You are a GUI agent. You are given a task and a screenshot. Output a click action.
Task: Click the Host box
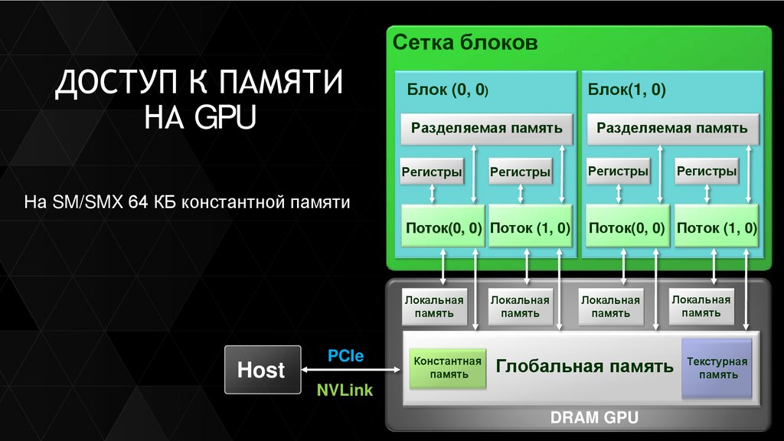(x=261, y=370)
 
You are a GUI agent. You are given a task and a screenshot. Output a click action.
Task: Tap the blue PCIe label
(x=345, y=356)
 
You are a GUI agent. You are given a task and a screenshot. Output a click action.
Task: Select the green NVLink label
(x=345, y=390)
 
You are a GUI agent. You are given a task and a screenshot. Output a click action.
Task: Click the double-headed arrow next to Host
(x=350, y=371)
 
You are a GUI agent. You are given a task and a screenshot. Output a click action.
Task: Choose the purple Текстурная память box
(x=717, y=368)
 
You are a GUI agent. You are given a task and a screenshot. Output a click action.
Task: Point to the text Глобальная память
(x=584, y=366)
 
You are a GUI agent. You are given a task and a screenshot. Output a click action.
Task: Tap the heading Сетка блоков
(x=465, y=42)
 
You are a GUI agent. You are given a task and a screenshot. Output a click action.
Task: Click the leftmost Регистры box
(x=432, y=172)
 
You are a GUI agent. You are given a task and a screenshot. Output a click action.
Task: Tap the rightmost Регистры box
(x=706, y=171)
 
